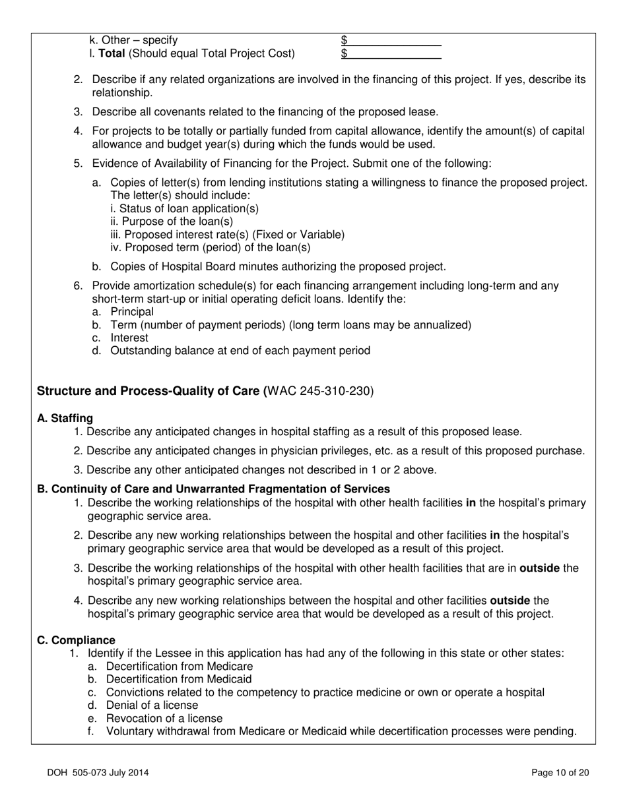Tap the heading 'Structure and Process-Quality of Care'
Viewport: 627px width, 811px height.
[150, 391]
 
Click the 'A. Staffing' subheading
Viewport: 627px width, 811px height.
[65, 418]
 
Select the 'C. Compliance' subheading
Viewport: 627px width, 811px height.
[76, 640]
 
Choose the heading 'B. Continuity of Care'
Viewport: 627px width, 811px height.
[213, 489]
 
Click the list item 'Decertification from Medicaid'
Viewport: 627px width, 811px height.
[178, 679]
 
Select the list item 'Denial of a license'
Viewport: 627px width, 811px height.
[152, 705]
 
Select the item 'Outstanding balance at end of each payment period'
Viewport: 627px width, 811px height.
[240, 350]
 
